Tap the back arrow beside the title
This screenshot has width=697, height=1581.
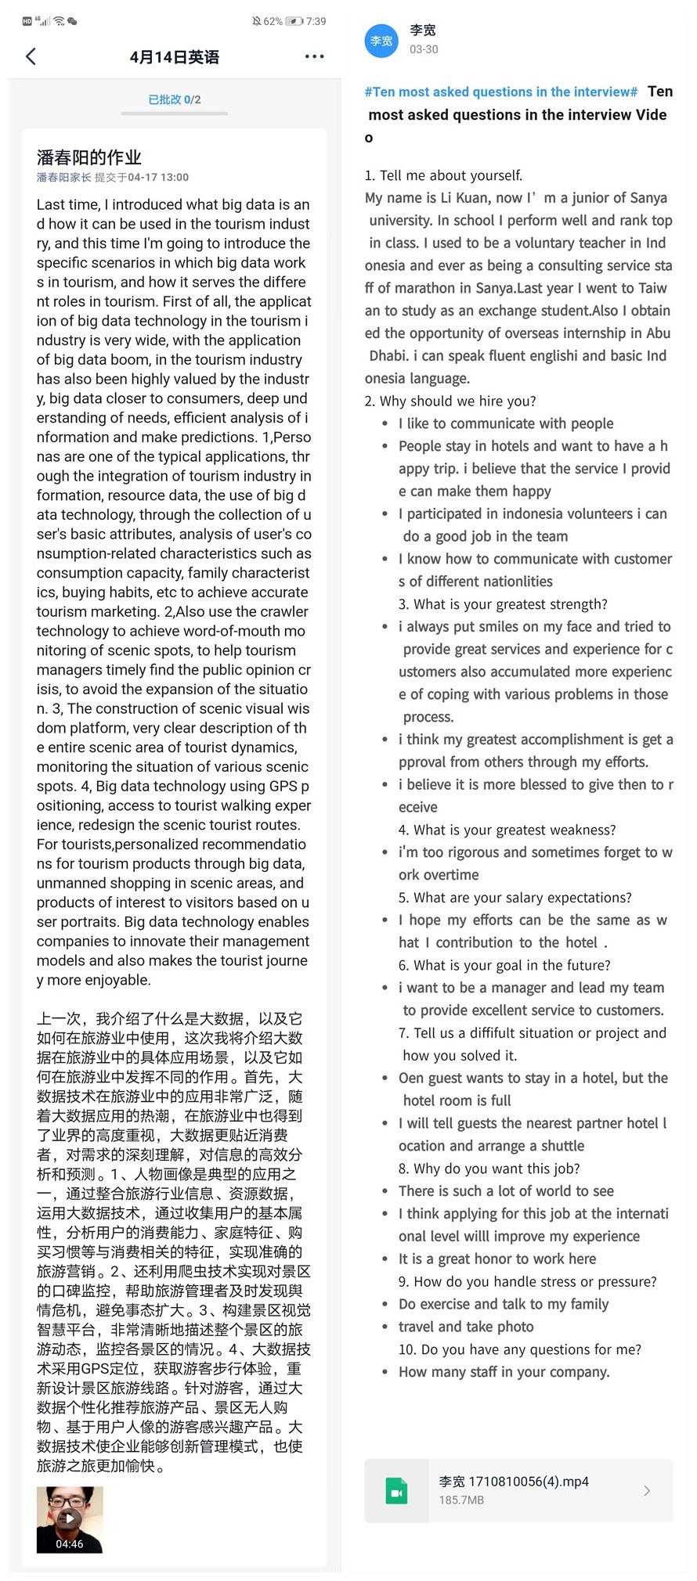[x=31, y=56]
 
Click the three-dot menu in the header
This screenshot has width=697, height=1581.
[x=314, y=56]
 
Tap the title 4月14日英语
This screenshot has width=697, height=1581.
[x=174, y=57]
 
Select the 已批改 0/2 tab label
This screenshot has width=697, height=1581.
[x=174, y=99]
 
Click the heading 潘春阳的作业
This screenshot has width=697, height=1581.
[x=88, y=157]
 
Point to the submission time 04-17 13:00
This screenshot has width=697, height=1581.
[x=158, y=178]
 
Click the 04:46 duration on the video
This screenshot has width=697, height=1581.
[x=70, y=1543]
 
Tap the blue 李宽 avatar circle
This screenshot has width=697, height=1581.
[x=381, y=41]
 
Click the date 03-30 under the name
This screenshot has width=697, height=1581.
[x=424, y=49]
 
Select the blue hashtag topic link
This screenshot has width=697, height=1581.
[x=501, y=92]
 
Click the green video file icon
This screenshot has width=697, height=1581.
[x=396, y=1490]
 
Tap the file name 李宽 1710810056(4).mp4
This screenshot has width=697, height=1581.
[x=514, y=1481]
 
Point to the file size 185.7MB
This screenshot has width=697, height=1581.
[x=461, y=1500]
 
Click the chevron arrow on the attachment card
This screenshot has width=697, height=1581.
[x=647, y=1490]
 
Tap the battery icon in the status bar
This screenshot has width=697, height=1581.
[x=294, y=21]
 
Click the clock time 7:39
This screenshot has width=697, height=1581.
[x=316, y=21]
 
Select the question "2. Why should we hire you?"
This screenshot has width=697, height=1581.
[x=450, y=401]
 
